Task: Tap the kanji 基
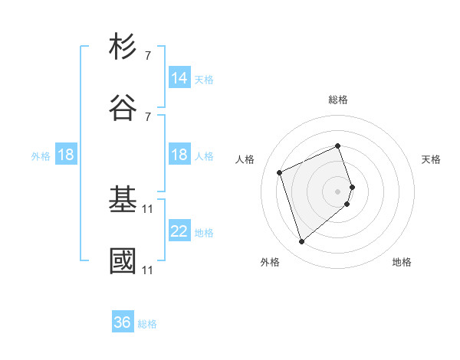(123, 200)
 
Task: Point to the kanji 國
(123, 260)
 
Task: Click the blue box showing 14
(179, 78)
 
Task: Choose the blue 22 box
(179, 231)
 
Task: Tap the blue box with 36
(123, 322)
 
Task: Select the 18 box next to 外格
(66, 155)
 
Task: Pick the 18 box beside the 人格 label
(179, 155)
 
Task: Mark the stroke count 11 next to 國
(147, 270)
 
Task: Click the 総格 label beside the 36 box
(147, 324)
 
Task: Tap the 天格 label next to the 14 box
(204, 80)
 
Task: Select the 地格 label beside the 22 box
(204, 233)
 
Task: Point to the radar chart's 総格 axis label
(338, 100)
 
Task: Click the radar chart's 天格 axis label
(432, 159)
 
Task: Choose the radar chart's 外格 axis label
(270, 262)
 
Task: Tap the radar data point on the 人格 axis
(280, 172)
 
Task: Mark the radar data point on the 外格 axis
(302, 242)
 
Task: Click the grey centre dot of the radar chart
(338, 191)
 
